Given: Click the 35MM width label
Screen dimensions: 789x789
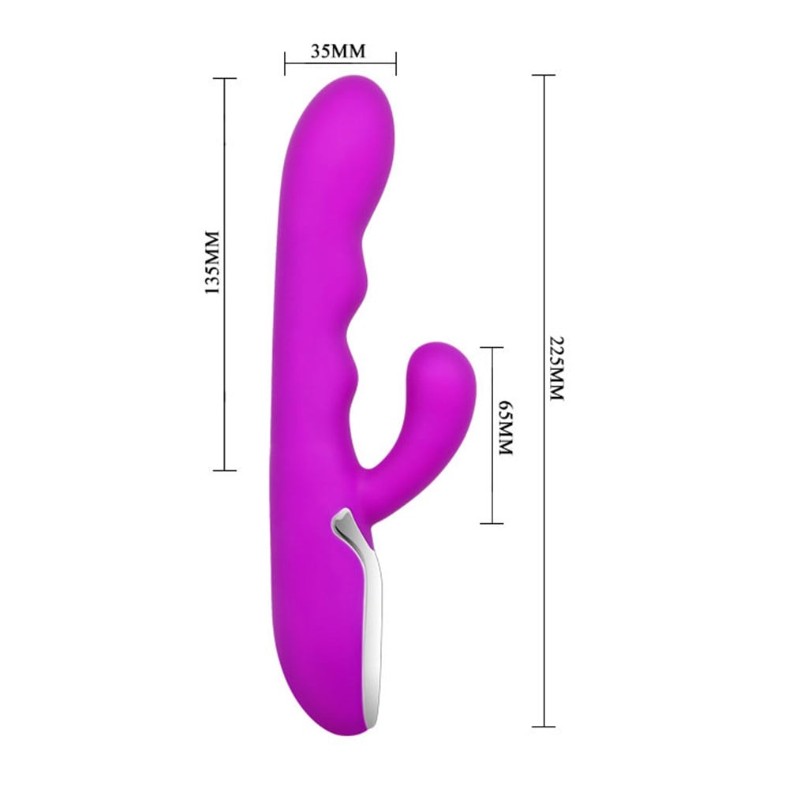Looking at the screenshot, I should [x=339, y=52].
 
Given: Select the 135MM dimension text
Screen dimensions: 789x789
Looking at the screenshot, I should [x=211, y=264].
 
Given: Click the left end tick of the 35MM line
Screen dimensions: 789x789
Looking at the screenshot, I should [x=285, y=63].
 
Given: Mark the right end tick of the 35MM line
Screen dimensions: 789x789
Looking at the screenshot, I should [x=395, y=63].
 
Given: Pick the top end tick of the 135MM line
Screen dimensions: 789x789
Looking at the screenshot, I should [x=225, y=78].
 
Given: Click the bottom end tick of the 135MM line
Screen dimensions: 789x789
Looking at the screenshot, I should [x=225, y=470].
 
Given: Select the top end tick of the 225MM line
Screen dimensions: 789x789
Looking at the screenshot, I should [x=544, y=75].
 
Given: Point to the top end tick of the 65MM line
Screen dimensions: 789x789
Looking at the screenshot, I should [x=492, y=347].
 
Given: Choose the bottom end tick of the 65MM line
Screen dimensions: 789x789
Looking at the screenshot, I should [x=492, y=523].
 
